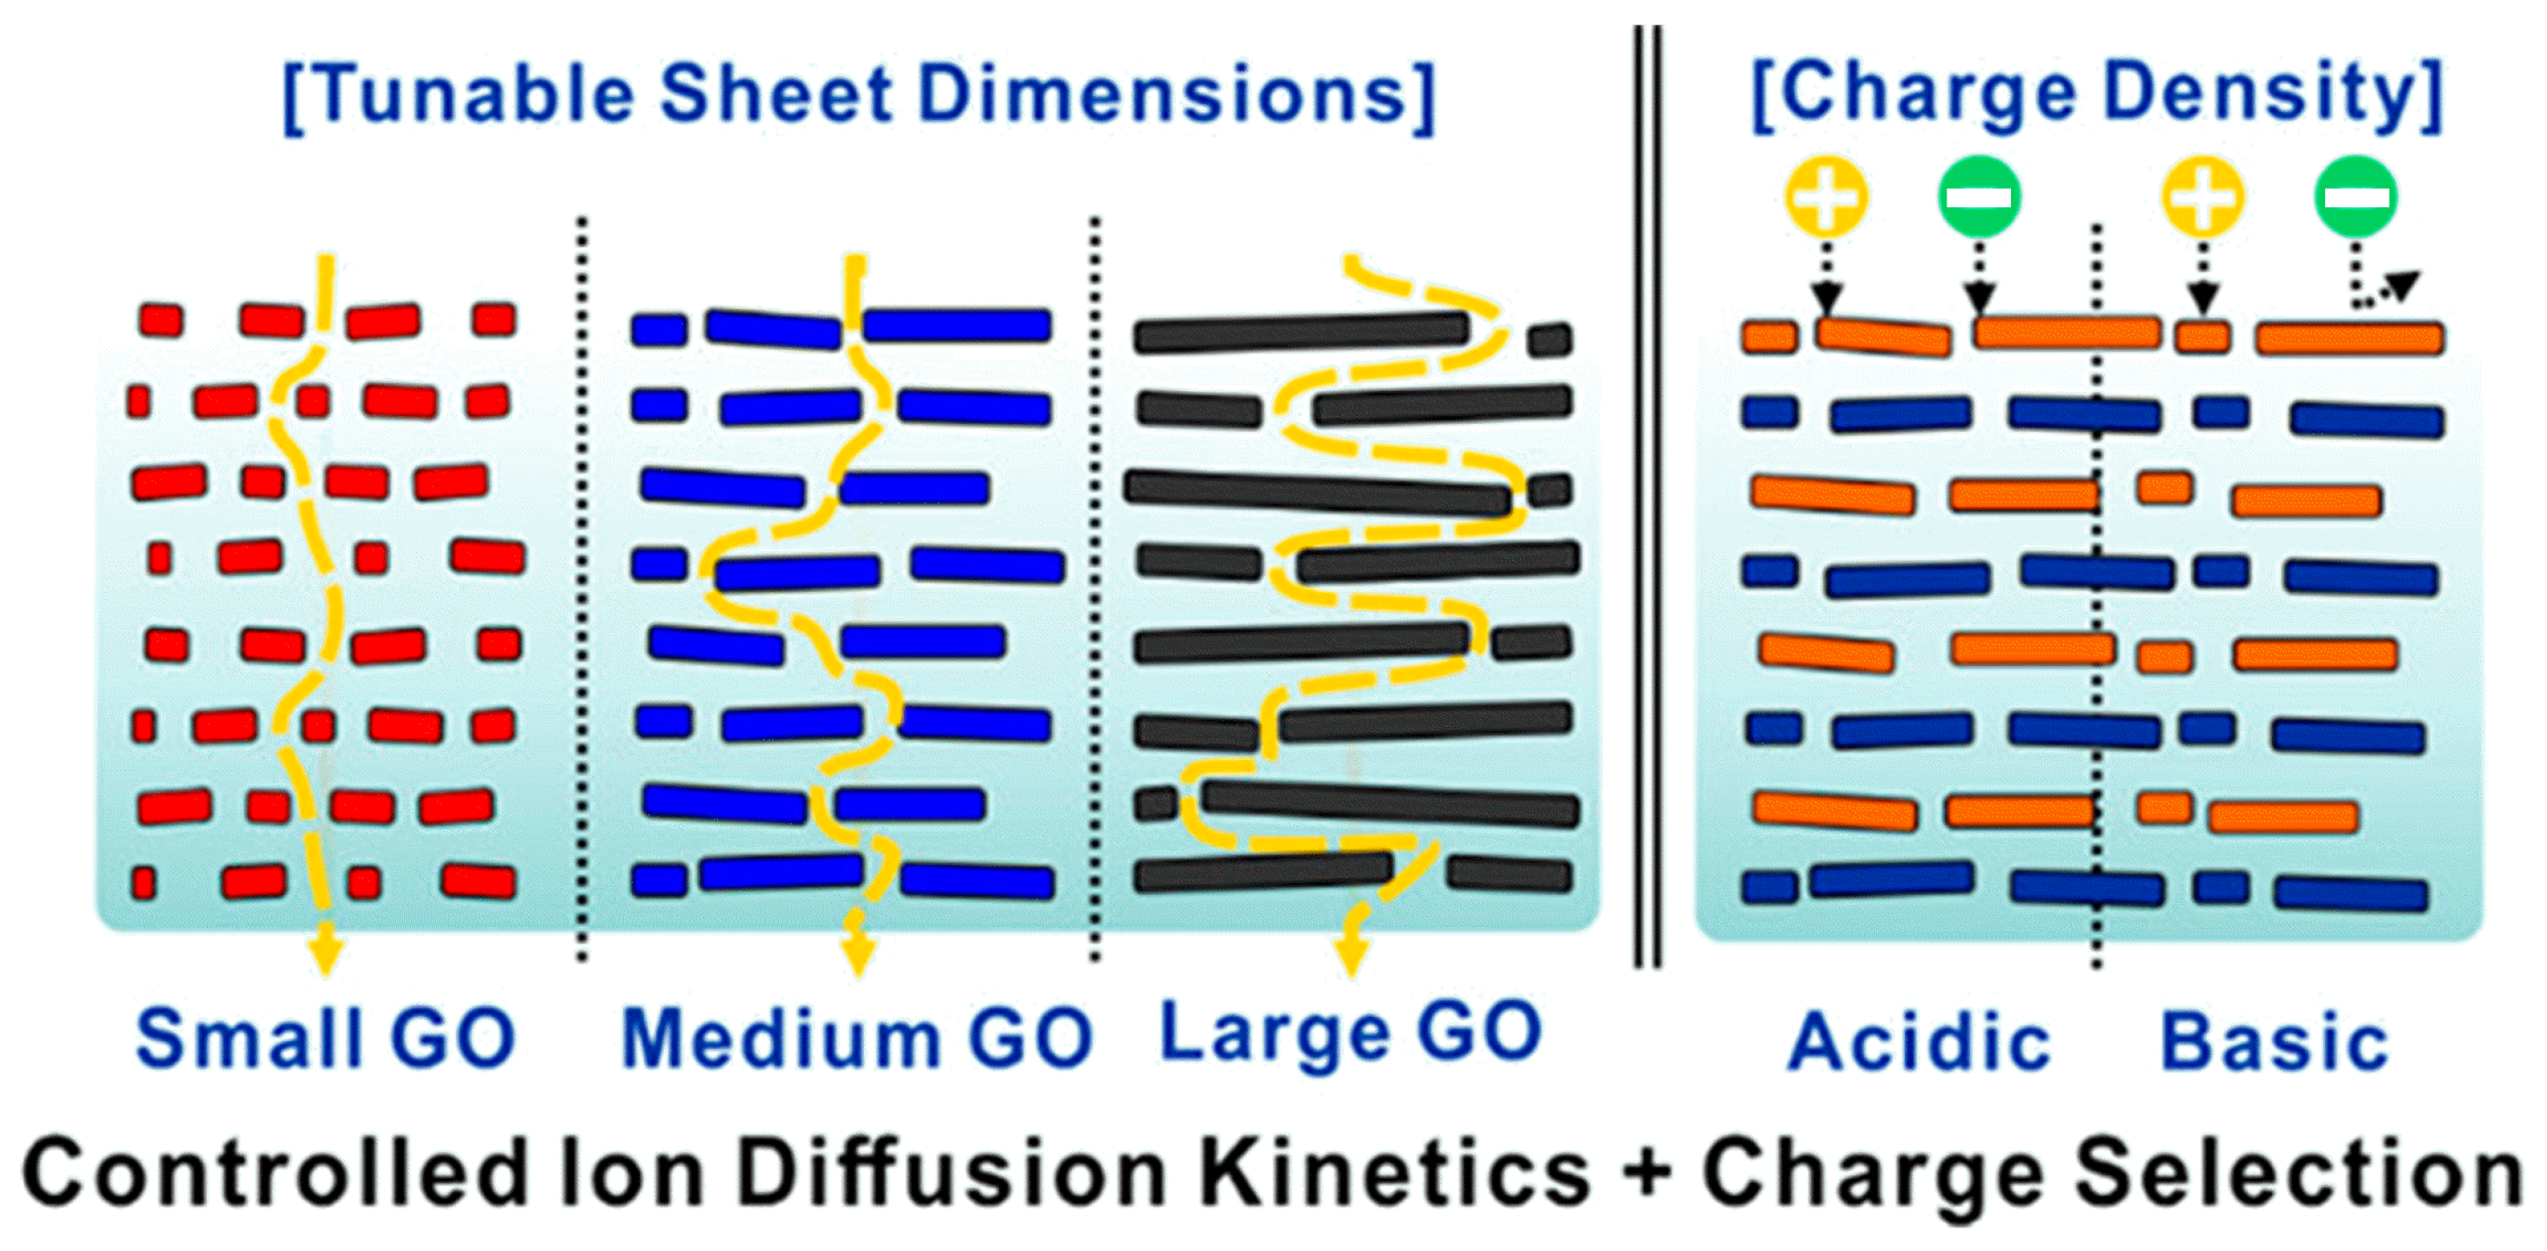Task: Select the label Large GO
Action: tap(1350, 1033)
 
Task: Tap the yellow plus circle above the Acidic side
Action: tap(1826, 196)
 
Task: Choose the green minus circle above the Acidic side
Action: tap(1979, 196)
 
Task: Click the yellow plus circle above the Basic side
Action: tap(2202, 196)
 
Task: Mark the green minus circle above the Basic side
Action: tap(2356, 196)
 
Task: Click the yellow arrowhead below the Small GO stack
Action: tap(325, 954)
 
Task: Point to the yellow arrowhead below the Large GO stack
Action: tap(1351, 954)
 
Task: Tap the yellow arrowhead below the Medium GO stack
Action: tap(857, 954)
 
